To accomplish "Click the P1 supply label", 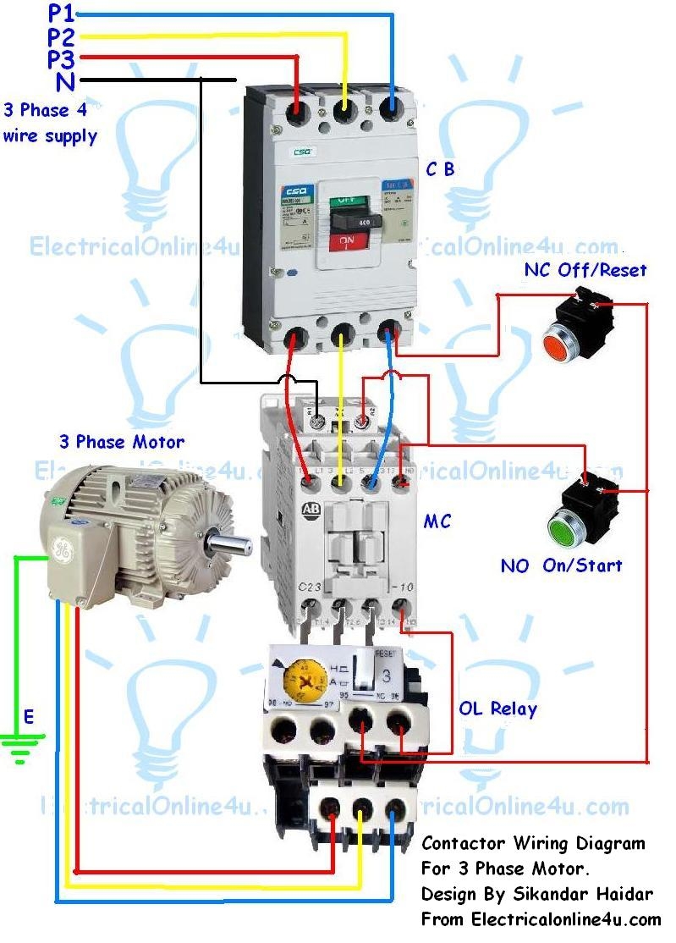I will pyautogui.click(x=62, y=14).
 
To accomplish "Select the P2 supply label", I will pyautogui.click(x=62, y=37).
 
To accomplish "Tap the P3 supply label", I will pyautogui.click(x=62, y=59).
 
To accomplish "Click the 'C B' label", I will pyautogui.click(x=440, y=169).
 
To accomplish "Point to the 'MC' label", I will pyautogui.click(x=437, y=521).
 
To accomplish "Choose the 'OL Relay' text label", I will pyautogui.click(x=497, y=709).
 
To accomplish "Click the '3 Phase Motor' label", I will pyautogui.click(x=121, y=442).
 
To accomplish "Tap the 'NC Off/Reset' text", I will pyautogui.click(x=585, y=270).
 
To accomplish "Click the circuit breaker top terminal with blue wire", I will pyautogui.click(x=393, y=112).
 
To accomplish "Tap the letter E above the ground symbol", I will pyautogui.click(x=29, y=718).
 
